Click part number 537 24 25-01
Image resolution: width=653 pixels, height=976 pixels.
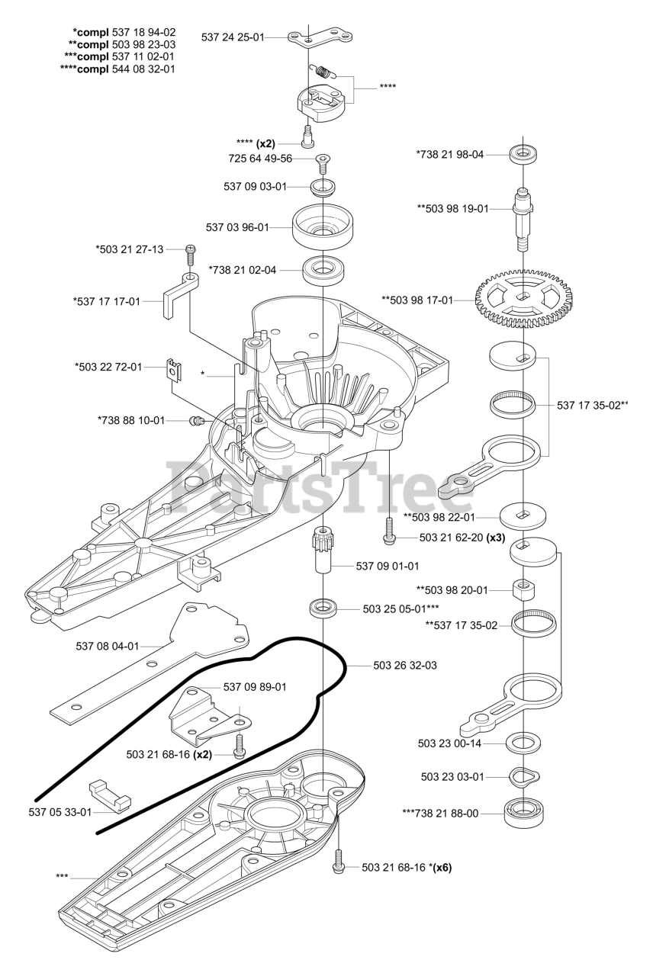point(232,37)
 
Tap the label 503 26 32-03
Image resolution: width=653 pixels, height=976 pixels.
point(405,666)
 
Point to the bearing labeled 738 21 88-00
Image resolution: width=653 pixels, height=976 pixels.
point(523,814)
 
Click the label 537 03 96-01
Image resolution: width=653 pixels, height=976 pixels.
point(237,227)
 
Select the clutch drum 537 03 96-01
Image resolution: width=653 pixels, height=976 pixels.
point(325,225)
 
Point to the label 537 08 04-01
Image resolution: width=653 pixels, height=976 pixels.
point(108,646)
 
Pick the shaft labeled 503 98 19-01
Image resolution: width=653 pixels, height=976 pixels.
point(523,215)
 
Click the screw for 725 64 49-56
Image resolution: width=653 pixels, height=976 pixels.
point(322,162)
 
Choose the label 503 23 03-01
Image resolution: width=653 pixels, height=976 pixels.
point(452,777)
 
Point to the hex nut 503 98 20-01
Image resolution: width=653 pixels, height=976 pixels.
point(524,589)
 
